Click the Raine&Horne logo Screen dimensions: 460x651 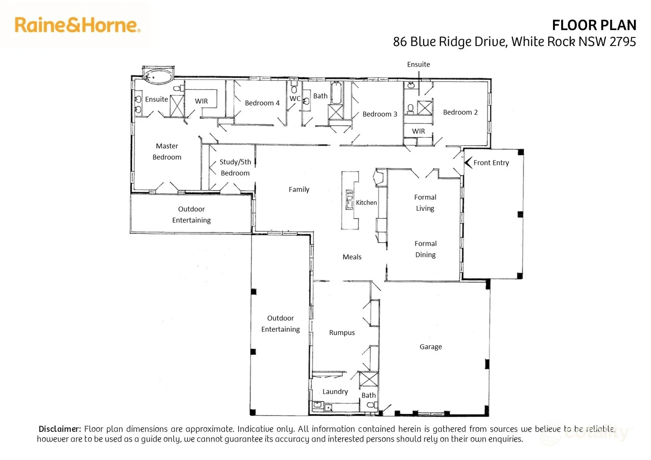78,25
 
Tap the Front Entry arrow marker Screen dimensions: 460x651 468,163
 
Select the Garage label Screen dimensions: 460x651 430,347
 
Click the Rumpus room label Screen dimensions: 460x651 342,333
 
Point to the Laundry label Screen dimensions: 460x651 335,391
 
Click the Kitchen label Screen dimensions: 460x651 366,203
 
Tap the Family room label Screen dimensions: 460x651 299,190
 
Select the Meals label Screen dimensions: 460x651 352,257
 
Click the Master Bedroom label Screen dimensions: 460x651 167,152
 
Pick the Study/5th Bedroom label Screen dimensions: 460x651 235,167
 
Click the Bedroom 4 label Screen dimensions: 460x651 262,103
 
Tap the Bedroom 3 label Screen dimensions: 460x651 380,114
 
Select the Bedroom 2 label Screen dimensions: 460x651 460,112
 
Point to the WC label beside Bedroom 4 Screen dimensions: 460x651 295,99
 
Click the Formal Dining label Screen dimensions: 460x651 425,249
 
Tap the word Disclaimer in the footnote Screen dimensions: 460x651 60,429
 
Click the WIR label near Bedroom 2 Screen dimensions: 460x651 418,131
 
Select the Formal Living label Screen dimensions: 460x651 425,203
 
